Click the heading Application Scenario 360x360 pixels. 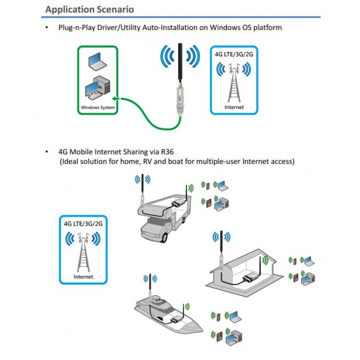pos(89,10)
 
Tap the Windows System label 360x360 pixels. pos(97,108)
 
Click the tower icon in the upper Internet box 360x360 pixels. pos(233,84)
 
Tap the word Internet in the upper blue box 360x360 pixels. pos(233,107)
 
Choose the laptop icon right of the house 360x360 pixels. pos(308,261)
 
